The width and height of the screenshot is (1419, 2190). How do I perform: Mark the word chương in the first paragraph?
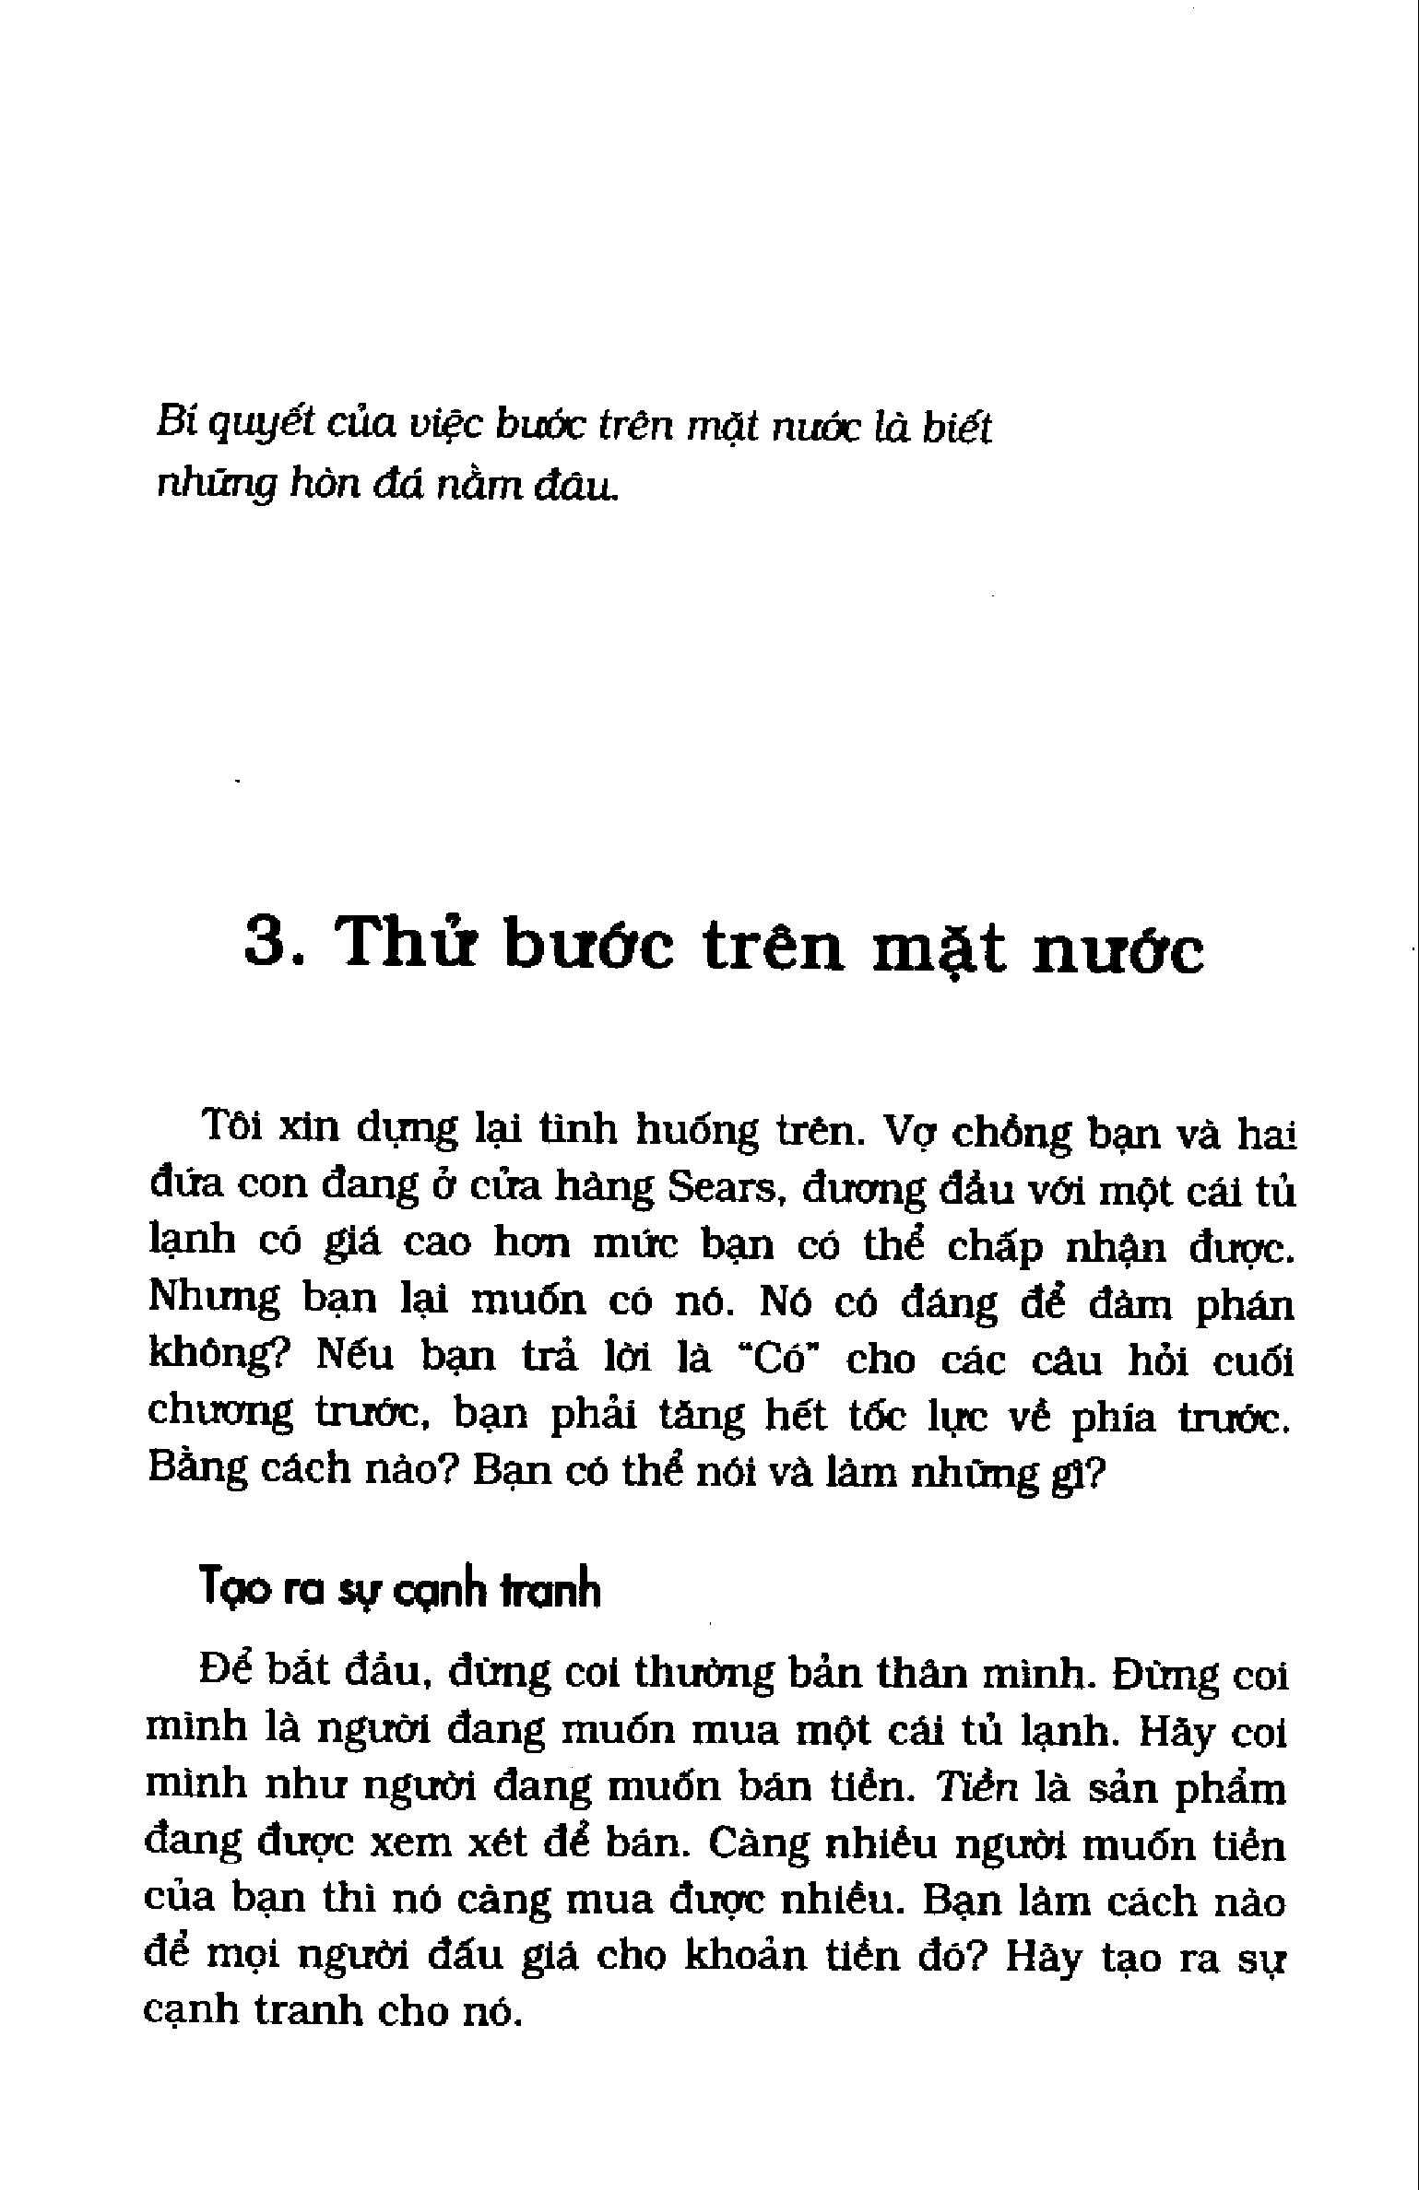[x=219, y=1415]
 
